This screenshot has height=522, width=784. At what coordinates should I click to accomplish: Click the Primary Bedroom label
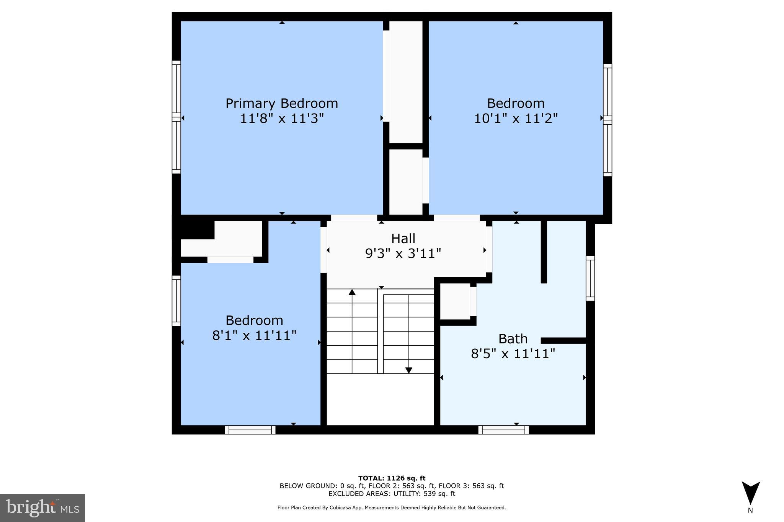point(281,103)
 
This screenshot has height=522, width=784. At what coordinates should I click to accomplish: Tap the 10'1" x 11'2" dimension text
point(516,119)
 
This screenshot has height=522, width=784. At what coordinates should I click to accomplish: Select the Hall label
point(403,239)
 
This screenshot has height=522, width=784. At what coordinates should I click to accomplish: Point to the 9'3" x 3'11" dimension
point(403,254)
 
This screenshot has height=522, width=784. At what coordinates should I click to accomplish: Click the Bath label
point(513,339)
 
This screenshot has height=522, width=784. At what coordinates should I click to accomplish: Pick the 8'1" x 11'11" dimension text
point(254,336)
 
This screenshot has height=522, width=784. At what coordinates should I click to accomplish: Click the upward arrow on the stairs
point(352,293)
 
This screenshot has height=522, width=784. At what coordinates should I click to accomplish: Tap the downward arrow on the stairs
point(408,370)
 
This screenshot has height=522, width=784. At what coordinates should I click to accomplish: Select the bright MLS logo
point(42,508)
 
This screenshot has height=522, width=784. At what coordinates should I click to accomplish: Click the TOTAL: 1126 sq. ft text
point(392,478)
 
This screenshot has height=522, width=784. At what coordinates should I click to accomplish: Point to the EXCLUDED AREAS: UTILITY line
point(392,494)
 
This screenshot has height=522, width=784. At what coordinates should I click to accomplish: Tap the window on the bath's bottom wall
point(503,430)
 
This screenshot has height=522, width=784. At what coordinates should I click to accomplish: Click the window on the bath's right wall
point(590,278)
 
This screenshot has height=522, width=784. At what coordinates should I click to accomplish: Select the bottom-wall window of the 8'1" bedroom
point(250,430)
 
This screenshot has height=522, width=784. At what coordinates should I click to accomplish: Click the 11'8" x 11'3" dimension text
point(281,119)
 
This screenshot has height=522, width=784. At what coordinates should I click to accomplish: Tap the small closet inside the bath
point(455,301)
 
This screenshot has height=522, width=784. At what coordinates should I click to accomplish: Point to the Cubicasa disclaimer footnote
point(392,508)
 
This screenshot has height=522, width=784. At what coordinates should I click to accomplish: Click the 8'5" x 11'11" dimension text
point(513,354)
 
